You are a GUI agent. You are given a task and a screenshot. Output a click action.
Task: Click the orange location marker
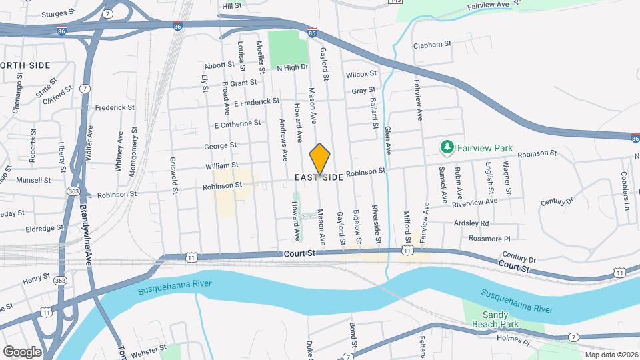tap(320, 159)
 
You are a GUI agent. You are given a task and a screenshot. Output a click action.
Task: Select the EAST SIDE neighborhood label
tap(320, 177)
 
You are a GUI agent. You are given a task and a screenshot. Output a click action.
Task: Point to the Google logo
tap(21, 351)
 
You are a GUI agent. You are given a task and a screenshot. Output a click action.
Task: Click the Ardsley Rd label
tap(471, 223)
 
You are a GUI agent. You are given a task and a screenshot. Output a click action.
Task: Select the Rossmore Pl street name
tap(489, 238)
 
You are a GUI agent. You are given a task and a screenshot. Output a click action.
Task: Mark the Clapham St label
tap(433, 45)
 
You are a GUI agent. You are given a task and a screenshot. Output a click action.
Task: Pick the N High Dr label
tap(293, 67)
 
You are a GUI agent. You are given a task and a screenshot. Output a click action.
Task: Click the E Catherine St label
tap(237, 124)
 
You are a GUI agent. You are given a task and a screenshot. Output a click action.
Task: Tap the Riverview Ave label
tap(475, 201)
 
